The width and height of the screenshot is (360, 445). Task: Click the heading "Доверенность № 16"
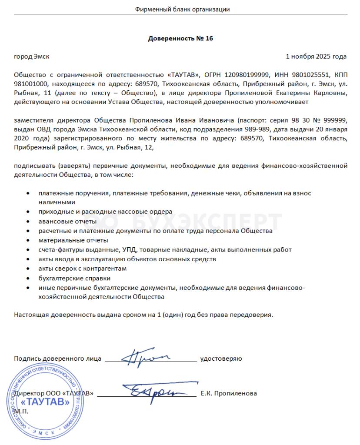tap(180, 38)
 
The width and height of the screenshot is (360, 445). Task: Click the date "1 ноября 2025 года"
tap(316, 56)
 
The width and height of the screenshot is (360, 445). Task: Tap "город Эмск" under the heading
tap(32, 56)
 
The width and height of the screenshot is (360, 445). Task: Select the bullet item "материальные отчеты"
tap(67, 240)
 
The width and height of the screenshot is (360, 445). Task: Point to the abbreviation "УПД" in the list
tap(128, 249)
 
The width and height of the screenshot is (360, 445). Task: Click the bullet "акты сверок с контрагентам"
tap(82, 269)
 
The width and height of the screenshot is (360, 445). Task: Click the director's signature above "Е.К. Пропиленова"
tap(152, 392)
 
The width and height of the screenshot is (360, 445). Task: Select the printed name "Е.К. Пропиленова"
tap(229, 393)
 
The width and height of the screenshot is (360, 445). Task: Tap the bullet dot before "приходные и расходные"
tap(28, 211)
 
